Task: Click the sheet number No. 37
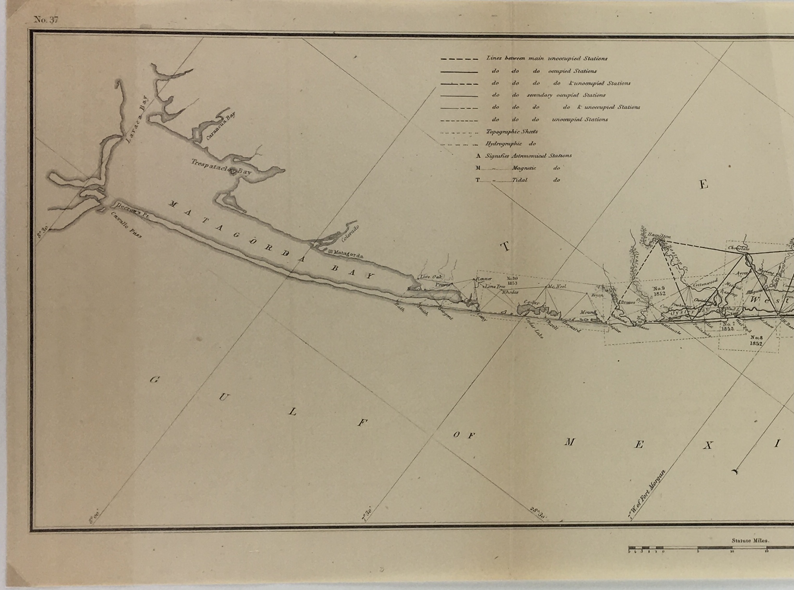pos(46,20)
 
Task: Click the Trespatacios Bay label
pos(221,167)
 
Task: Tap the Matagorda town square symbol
pos(330,252)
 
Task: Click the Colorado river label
pos(350,233)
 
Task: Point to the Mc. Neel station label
pos(556,286)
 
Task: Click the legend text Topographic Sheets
pos(512,132)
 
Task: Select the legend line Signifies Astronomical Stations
pos(528,156)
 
